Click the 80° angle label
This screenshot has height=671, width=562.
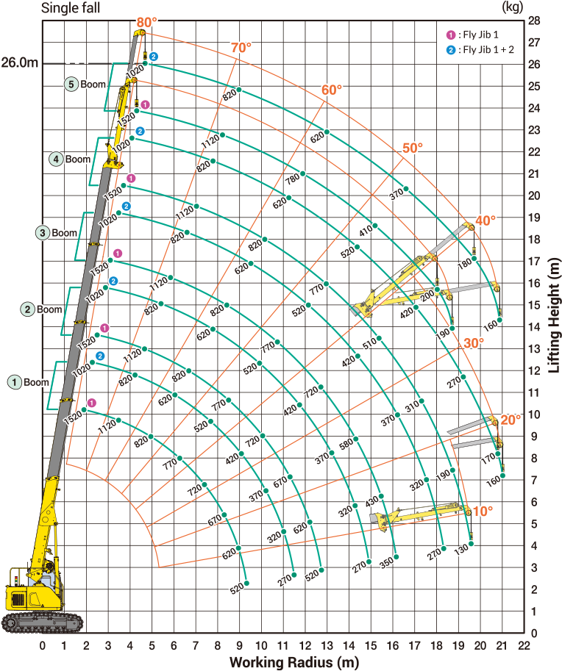point(147,22)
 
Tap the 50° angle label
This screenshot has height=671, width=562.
point(413,148)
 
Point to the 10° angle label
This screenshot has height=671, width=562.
point(483,511)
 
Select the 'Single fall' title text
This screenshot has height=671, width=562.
point(71,7)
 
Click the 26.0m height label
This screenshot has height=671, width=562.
point(20,62)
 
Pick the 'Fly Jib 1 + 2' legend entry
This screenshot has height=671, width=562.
point(480,50)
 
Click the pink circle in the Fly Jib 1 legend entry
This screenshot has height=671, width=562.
point(451,35)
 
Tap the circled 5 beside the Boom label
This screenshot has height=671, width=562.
point(71,84)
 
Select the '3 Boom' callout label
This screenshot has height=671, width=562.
point(57,233)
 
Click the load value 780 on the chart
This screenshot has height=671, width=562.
point(293,179)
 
